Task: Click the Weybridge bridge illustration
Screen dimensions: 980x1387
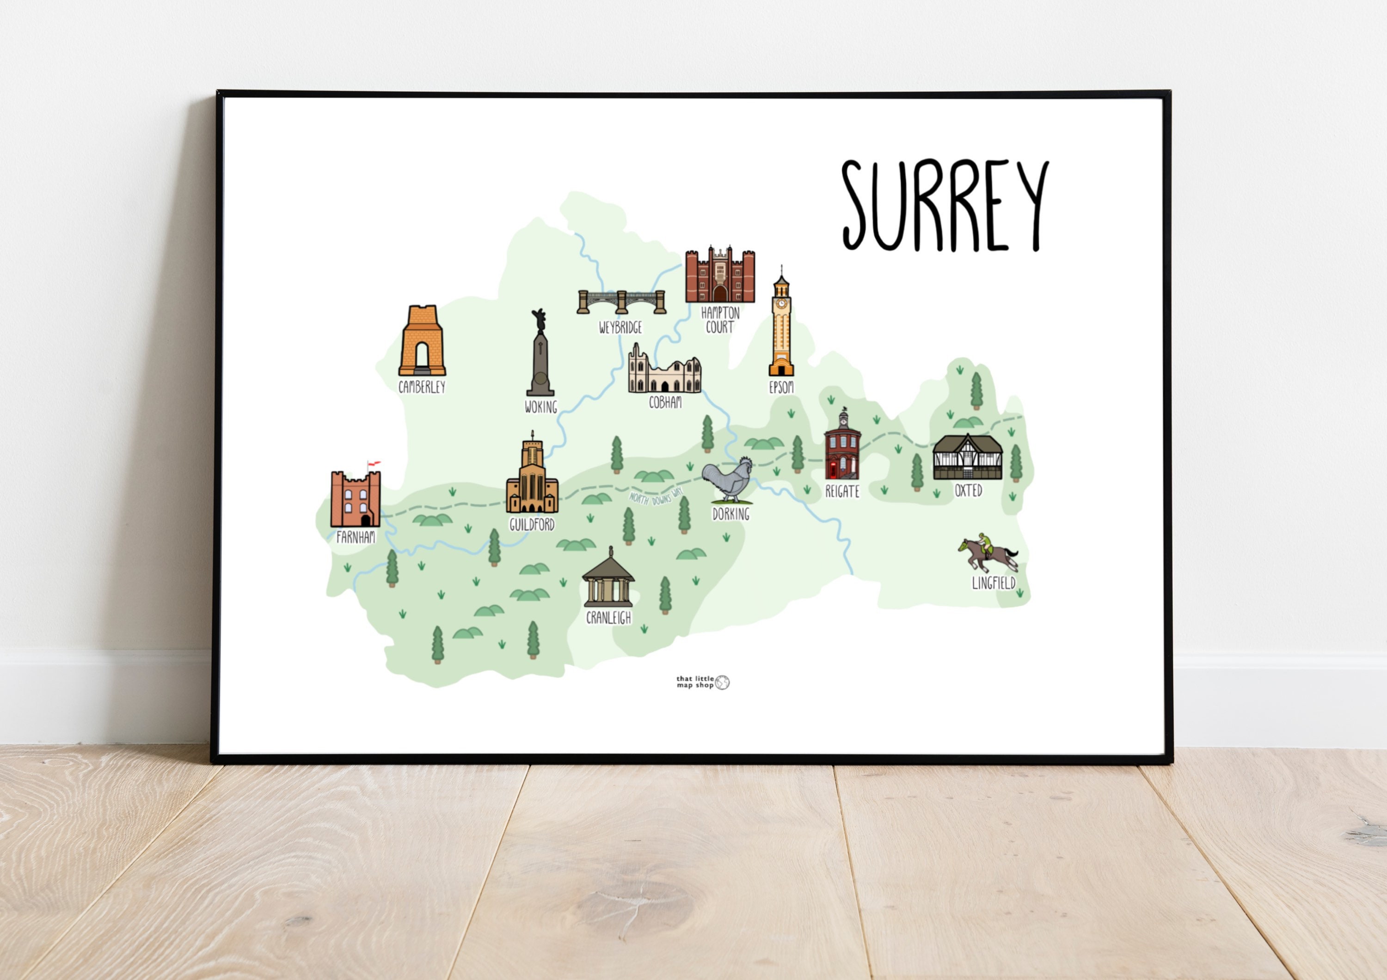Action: [621, 301]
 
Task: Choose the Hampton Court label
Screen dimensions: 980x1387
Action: [720, 320]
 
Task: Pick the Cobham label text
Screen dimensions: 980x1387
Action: [665, 402]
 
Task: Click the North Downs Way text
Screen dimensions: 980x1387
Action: [656, 497]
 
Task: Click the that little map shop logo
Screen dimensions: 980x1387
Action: [703, 682]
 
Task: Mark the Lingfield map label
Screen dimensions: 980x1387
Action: [993, 583]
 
